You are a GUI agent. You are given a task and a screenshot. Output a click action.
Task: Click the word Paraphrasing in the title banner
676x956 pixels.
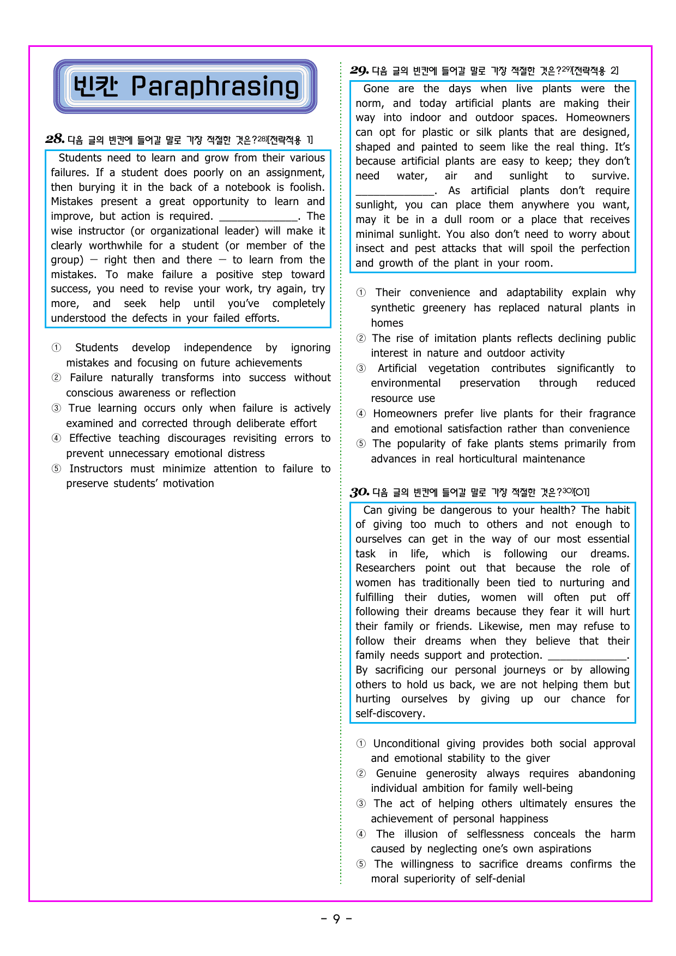215,87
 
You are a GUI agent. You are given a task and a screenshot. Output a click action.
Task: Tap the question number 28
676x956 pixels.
55,139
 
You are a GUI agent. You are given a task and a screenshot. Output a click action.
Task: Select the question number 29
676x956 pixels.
359,70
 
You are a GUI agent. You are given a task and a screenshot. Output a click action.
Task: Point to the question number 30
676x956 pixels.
360,492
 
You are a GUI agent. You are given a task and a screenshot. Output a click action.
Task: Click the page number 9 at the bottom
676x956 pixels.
336,919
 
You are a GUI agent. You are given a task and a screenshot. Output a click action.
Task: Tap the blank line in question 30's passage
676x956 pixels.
587,656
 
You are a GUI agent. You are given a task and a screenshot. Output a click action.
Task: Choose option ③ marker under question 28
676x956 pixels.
56,408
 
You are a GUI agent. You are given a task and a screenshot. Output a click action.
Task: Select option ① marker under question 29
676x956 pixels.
361,293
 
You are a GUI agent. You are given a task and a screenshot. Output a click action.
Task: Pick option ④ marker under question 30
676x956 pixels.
361,834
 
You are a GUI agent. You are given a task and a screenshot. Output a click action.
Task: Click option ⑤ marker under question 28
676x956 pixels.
56,469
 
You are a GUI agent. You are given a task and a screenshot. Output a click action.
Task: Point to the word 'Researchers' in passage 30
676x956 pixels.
385,568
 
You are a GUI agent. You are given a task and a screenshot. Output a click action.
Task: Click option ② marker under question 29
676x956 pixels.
361,339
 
